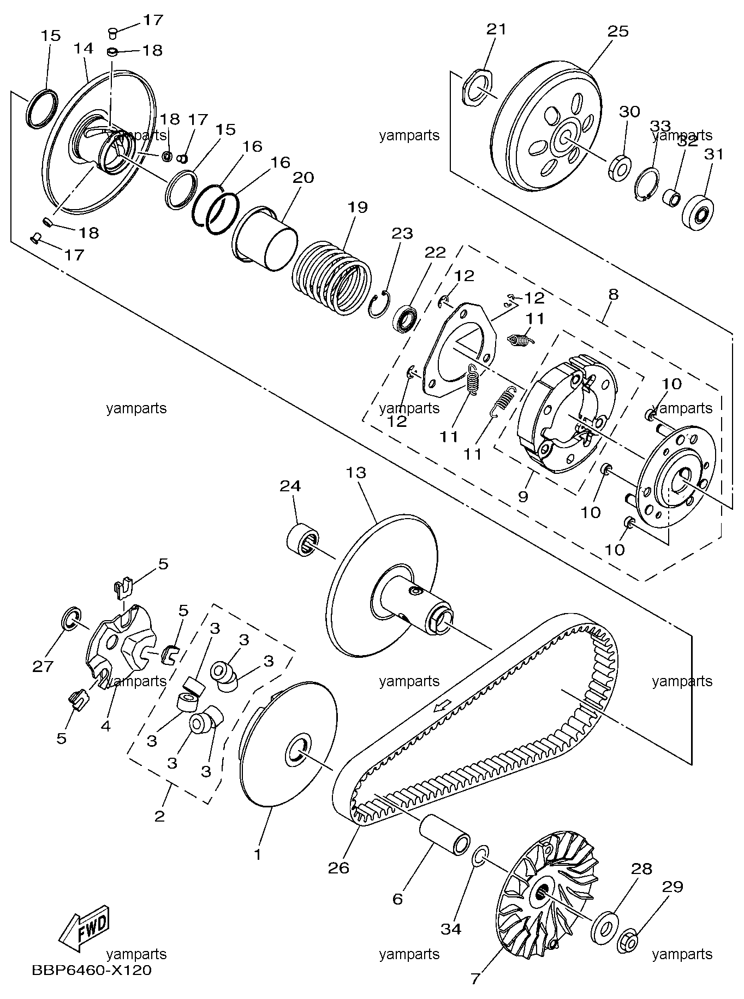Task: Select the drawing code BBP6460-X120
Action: [x=92, y=970]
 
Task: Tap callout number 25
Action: [x=618, y=31]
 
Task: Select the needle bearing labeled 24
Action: [x=303, y=540]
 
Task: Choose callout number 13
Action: [x=356, y=472]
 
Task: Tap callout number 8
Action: [x=613, y=295]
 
